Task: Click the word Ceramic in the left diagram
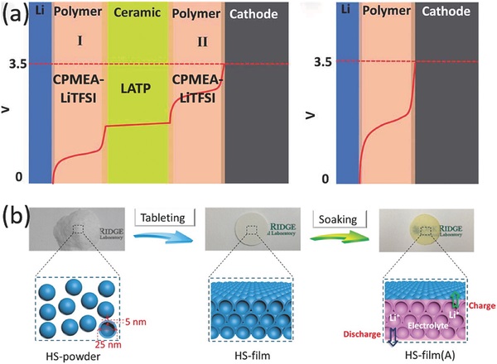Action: [x=138, y=15]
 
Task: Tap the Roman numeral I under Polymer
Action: [x=79, y=37]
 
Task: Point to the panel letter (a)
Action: [x=14, y=17]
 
